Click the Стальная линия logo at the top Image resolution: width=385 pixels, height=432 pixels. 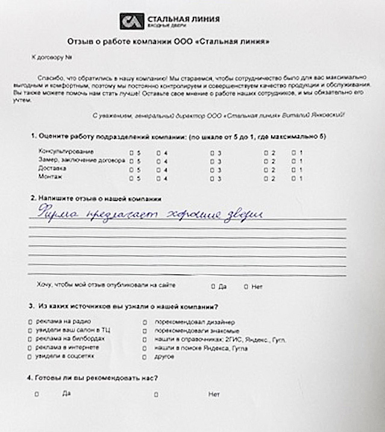[x=169, y=22]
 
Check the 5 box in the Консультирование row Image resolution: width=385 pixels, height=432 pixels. [x=132, y=153]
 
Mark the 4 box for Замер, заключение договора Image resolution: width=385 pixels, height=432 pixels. [x=158, y=161]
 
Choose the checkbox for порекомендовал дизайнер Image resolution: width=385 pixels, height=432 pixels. [x=145, y=322]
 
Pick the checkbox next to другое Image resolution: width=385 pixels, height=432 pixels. [x=145, y=357]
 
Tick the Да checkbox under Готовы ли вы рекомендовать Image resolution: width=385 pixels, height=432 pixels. [x=37, y=395]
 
